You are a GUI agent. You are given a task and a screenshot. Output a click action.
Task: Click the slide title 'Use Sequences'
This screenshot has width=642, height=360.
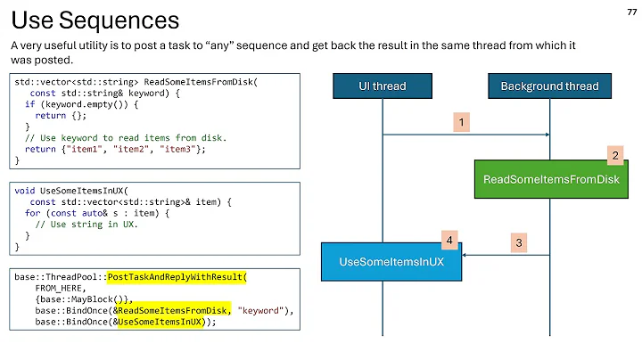tap(95, 20)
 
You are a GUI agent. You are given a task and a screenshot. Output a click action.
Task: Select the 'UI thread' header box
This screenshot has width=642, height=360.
tap(382, 86)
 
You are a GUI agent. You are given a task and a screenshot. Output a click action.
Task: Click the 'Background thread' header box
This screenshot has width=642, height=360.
tap(549, 86)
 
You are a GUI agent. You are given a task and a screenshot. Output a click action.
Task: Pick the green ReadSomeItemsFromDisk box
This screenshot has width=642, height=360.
tap(550, 179)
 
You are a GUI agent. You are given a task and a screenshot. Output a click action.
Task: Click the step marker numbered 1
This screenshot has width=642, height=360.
tap(461, 120)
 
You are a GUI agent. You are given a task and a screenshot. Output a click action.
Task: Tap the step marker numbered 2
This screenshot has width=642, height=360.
tap(614, 155)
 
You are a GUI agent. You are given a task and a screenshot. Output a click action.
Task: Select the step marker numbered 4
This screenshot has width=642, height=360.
tap(450, 240)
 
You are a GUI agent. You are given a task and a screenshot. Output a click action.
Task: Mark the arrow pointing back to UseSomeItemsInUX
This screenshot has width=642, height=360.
tap(505, 255)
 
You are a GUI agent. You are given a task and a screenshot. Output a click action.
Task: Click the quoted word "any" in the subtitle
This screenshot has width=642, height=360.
tap(256, 45)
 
